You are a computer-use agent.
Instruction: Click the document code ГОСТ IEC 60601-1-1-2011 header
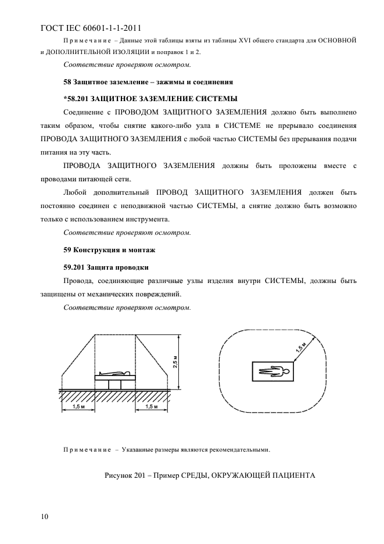(91, 27)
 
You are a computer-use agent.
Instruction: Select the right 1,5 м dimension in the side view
(151, 406)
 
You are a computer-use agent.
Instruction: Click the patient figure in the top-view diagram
(273, 368)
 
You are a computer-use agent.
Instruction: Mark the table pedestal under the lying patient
(115, 384)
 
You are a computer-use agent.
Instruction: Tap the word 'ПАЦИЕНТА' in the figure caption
(292, 475)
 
